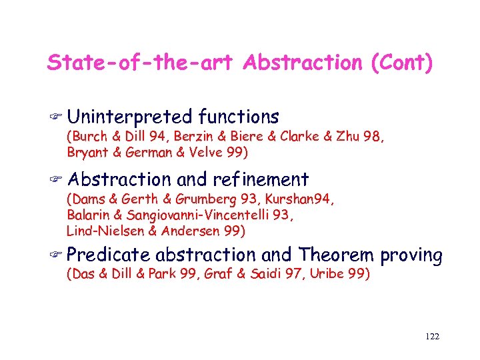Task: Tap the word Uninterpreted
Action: coord(129,117)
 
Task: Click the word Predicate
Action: coord(109,255)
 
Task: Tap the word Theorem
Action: coord(337,255)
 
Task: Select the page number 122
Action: coord(431,337)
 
